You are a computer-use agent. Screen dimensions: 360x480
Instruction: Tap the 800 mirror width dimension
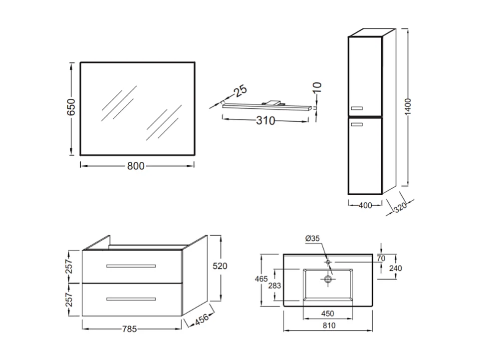[x=136, y=166]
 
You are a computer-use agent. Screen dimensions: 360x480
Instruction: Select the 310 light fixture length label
[x=265, y=120]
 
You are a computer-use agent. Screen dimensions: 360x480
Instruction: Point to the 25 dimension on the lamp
[x=240, y=91]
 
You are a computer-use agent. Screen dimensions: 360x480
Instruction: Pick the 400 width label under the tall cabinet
[x=365, y=205]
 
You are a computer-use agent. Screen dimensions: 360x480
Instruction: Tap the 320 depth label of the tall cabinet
[x=400, y=207]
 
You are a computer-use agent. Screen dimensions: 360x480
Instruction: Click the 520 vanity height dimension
[x=220, y=266]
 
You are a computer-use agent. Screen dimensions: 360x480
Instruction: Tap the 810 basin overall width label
[x=329, y=326]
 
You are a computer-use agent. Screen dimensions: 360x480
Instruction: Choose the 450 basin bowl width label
[x=327, y=314]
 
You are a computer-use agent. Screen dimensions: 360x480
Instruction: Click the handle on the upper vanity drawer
[x=131, y=266]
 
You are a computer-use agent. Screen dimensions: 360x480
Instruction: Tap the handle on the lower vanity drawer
[x=131, y=299]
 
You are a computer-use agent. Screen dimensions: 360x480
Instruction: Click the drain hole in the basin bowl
[x=328, y=279]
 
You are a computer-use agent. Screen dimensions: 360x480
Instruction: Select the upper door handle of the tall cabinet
[x=357, y=107]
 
